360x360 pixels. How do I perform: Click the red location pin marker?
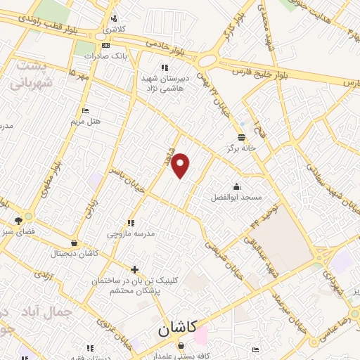tap(181, 165)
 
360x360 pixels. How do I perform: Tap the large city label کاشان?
tap(174, 328)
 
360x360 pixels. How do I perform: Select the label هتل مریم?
tap(86, 122)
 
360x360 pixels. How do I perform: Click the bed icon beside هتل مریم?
tap(86, 111)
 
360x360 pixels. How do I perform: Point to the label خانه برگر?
tap(240, 148)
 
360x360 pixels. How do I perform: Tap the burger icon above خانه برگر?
tap(242, 136)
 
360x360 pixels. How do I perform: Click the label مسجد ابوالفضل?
tap(236, 198)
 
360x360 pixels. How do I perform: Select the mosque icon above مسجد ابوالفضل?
tap(236, 186)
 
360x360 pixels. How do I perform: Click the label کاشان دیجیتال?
tap(75, 252)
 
